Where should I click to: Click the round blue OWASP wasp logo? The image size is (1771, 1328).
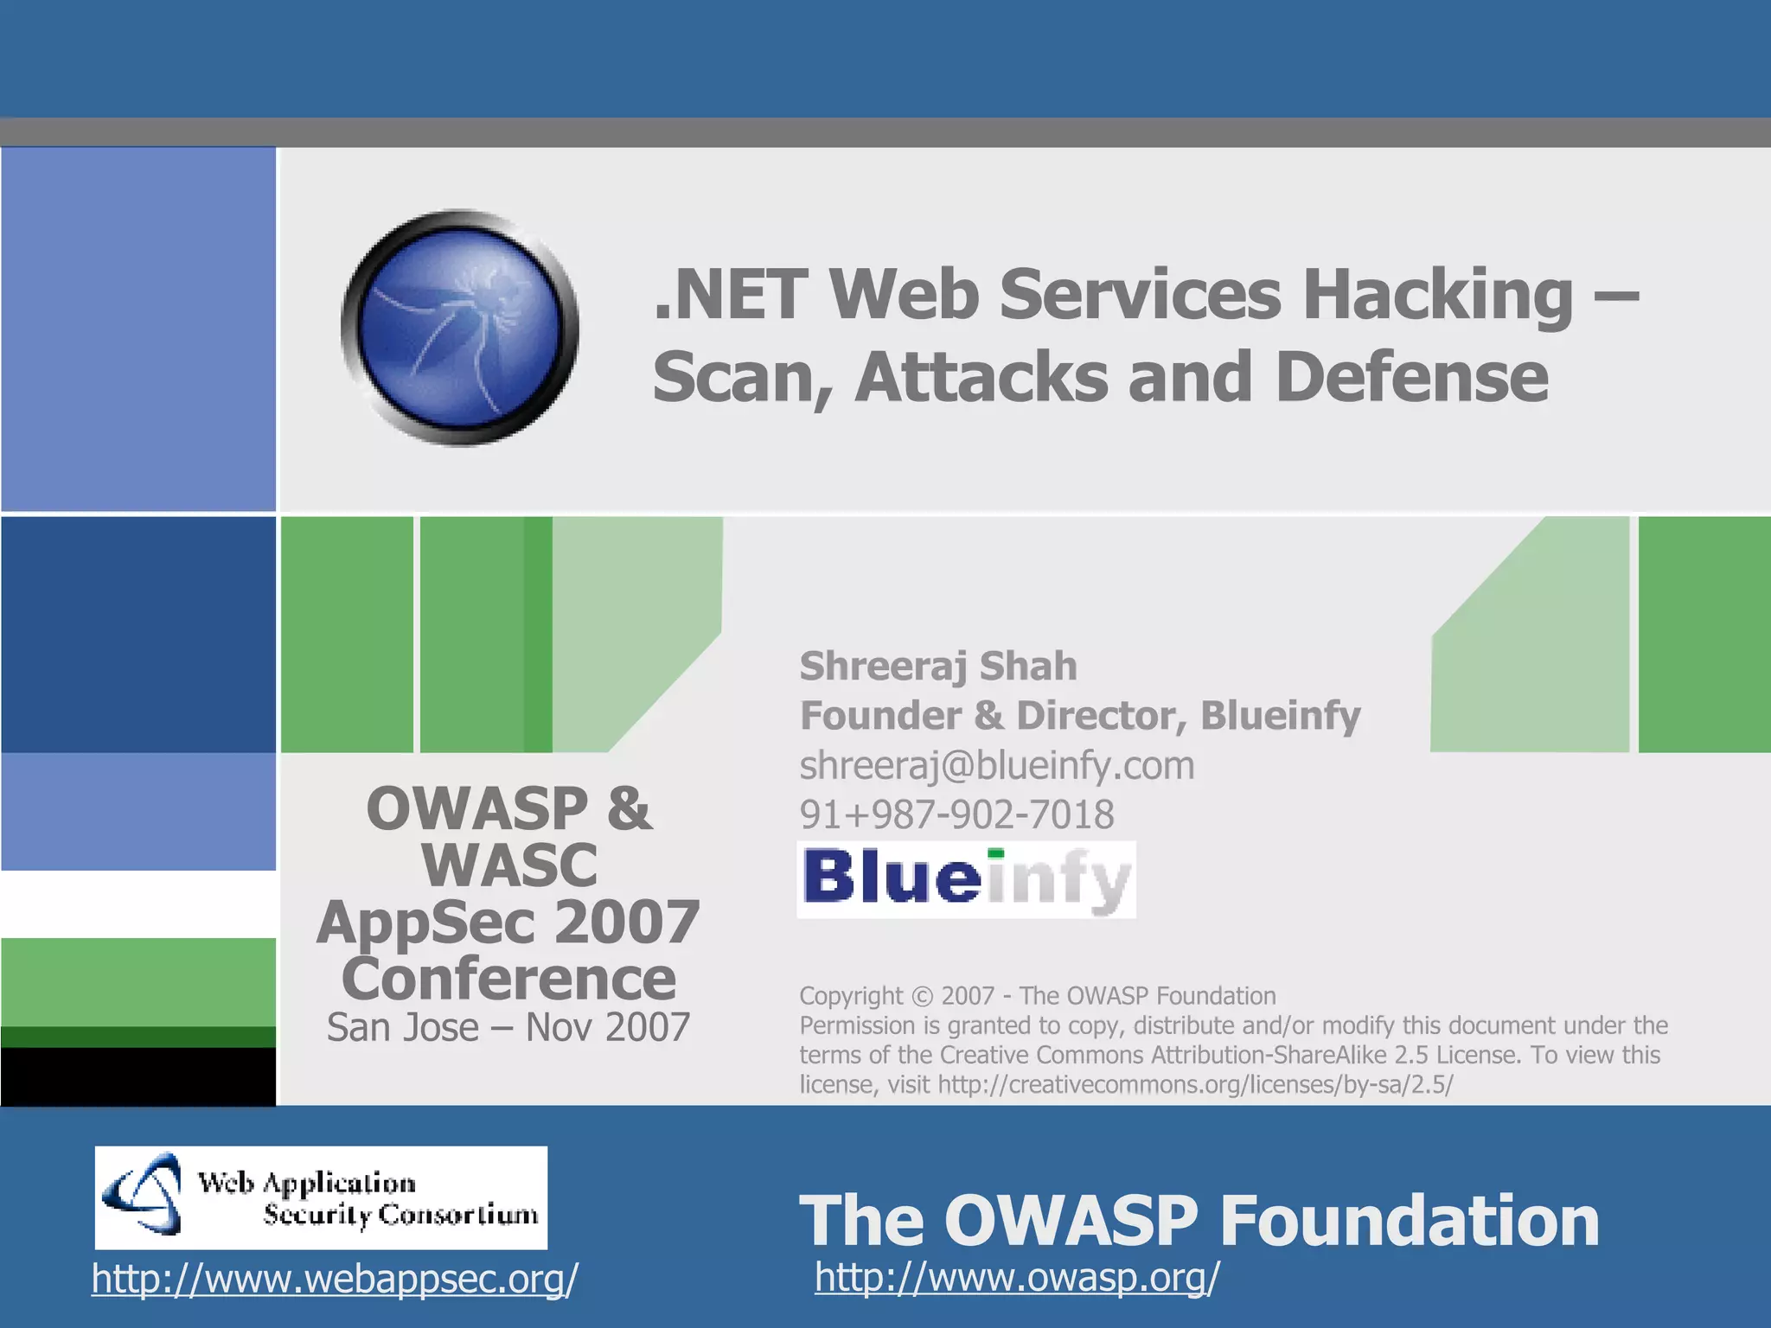point(460,328)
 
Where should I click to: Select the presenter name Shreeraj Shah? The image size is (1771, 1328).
point(938,667)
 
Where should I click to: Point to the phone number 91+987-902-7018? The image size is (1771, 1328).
point(956,814)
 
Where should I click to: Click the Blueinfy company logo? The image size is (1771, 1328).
point(966,879)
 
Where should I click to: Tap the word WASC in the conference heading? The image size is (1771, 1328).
point(509,865)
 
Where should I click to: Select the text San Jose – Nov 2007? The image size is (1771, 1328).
point(508,1027)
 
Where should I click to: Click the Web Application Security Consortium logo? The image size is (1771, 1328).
point(321,1197)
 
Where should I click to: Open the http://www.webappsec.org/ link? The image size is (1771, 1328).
point(335,1279)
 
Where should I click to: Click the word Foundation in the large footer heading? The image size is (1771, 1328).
point(1410,1220)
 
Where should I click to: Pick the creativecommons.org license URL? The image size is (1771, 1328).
point(1195,1084)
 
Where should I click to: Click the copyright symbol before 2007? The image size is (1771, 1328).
point(923,997)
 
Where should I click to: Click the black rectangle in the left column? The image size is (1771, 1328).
point(138,1076)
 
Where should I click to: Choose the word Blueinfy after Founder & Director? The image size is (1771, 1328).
point(1280,716)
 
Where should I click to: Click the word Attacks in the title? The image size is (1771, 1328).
point(981,378)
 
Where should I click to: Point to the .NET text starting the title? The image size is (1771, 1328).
point(731,295)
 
